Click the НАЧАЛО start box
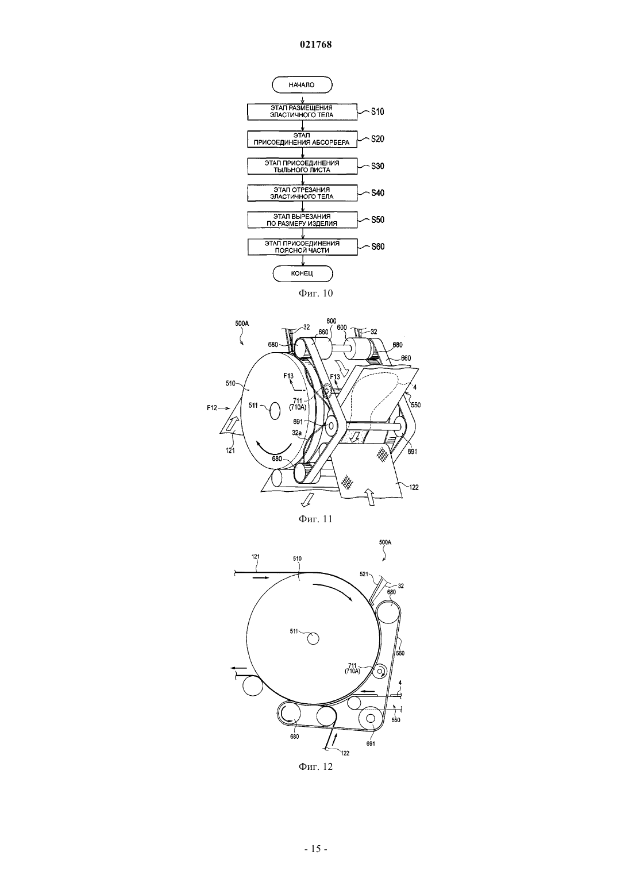(302, 85)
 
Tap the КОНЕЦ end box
(302, 274)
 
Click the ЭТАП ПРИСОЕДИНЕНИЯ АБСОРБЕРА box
(302, 139)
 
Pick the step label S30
(377, 166)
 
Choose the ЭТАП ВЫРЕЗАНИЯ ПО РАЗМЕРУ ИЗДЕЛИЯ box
(302, 220)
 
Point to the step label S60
(377, 246)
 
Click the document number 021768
(315, 44)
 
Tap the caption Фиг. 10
(315, 294)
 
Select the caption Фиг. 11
(315, 519)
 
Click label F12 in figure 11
(211, 408)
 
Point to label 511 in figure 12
(294, 631)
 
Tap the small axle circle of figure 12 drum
(313, 639)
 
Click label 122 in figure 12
(345, 753)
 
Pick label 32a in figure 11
(296, 433)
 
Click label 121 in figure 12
(256, 556)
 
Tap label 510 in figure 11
(230, 384)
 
